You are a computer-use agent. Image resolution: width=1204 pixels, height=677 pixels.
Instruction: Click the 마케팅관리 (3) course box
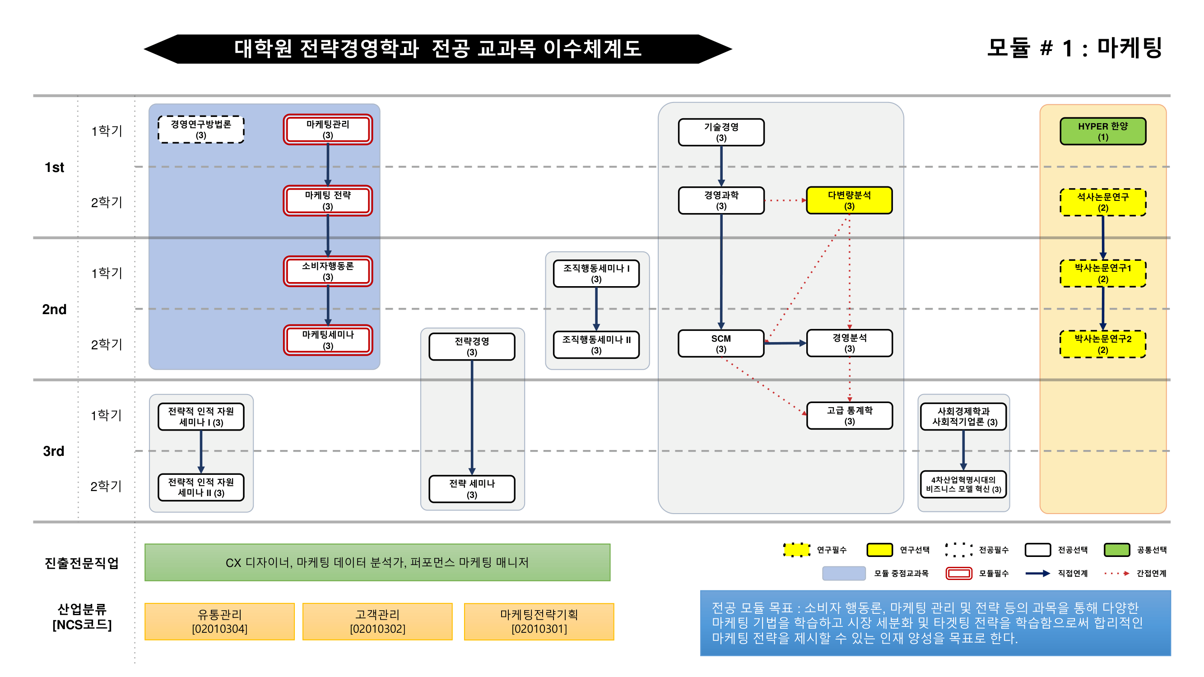328,130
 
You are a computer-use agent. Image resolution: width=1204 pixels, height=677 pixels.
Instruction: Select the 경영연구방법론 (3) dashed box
201,130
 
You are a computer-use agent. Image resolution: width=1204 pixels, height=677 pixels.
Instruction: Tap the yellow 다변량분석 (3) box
849,200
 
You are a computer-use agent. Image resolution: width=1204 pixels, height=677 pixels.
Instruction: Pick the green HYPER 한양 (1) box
1102,131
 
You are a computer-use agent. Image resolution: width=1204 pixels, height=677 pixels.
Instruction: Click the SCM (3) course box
721,343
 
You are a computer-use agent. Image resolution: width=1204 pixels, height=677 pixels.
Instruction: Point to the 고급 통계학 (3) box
849,415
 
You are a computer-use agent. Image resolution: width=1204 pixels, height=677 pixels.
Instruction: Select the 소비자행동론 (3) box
328,271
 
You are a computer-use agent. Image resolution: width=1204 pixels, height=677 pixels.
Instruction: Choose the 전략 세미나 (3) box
472,489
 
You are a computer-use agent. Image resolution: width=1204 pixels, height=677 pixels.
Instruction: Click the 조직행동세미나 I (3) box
596,274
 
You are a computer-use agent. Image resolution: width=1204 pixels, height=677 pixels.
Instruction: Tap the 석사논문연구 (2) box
1102,202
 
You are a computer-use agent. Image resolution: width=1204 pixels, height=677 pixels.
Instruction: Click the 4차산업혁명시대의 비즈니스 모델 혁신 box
963,484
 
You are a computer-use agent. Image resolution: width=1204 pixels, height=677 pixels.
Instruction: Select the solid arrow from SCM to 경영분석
785,343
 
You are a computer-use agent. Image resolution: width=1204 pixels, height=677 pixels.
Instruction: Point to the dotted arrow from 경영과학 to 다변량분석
785,200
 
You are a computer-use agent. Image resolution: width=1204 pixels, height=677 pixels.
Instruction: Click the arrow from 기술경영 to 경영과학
721,166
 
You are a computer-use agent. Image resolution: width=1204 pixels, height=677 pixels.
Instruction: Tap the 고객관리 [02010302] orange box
377,621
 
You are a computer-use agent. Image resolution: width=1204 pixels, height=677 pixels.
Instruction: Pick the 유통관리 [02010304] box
219,621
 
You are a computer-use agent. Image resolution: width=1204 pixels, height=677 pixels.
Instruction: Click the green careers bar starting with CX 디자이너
377,562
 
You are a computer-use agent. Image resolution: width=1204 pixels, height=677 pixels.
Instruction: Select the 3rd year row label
54,451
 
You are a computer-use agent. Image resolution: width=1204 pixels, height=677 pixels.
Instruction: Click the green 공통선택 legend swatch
1116,549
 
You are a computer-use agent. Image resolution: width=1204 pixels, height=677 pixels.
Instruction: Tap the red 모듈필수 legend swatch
958,573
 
